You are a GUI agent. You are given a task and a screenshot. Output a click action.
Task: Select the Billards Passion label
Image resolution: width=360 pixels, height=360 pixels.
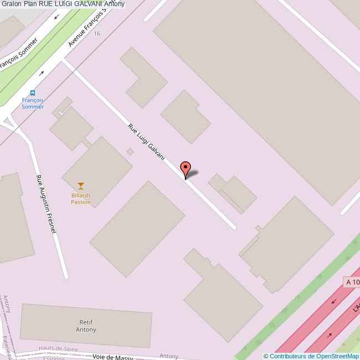(81, 198)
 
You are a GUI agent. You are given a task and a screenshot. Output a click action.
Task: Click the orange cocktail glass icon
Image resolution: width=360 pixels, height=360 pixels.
(81, 186)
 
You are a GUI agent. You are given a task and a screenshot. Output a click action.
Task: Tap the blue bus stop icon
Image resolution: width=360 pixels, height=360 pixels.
(33, 93)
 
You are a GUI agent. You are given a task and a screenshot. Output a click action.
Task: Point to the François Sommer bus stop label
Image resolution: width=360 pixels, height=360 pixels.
(33, 104)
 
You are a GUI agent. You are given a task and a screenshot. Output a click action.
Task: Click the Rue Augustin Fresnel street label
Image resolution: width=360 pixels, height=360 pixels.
(47, 203)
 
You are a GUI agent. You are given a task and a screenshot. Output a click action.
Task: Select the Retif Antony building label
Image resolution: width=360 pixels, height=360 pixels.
(86, 325)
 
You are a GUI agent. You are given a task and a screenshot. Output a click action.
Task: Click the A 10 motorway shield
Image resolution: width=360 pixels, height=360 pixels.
(352, 282)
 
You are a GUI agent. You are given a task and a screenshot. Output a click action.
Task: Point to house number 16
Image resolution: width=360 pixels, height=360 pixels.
(97, 34)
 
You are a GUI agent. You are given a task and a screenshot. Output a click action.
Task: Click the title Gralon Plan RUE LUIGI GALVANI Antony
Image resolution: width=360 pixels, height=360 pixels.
(63, 4)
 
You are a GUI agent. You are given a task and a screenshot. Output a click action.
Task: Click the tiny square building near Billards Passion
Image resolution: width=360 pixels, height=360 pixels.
(130, 152)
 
